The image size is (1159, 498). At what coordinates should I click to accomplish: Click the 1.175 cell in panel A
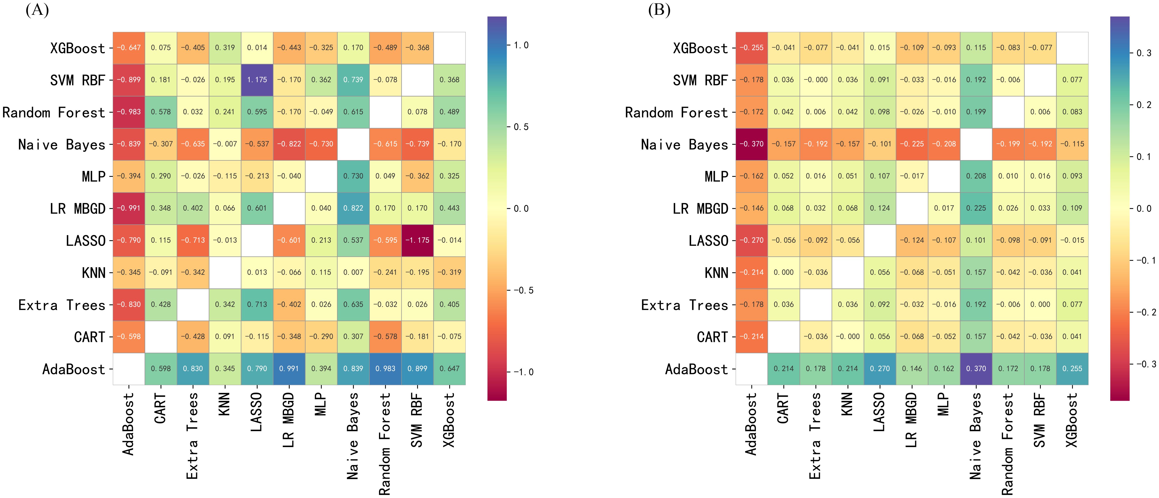(x=257, y=80)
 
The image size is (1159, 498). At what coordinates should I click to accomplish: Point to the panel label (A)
(x=37, y=10)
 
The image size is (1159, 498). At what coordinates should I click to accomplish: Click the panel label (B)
(x=659, y=10)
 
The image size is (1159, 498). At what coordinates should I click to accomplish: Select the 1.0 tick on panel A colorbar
(x=521, y=45)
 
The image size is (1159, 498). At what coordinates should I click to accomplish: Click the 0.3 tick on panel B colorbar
(x=1143, y=53)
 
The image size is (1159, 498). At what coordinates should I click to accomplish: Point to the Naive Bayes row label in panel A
(x=62, y=145)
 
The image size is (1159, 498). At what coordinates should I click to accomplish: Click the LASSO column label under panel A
(x=256, y=412)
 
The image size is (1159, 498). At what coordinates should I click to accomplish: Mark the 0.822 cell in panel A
(x=353, y=208)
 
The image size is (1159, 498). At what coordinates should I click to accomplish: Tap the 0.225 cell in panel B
(x=976, y=208)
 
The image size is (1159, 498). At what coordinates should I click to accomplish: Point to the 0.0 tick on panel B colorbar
(x=1143, y=208)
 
